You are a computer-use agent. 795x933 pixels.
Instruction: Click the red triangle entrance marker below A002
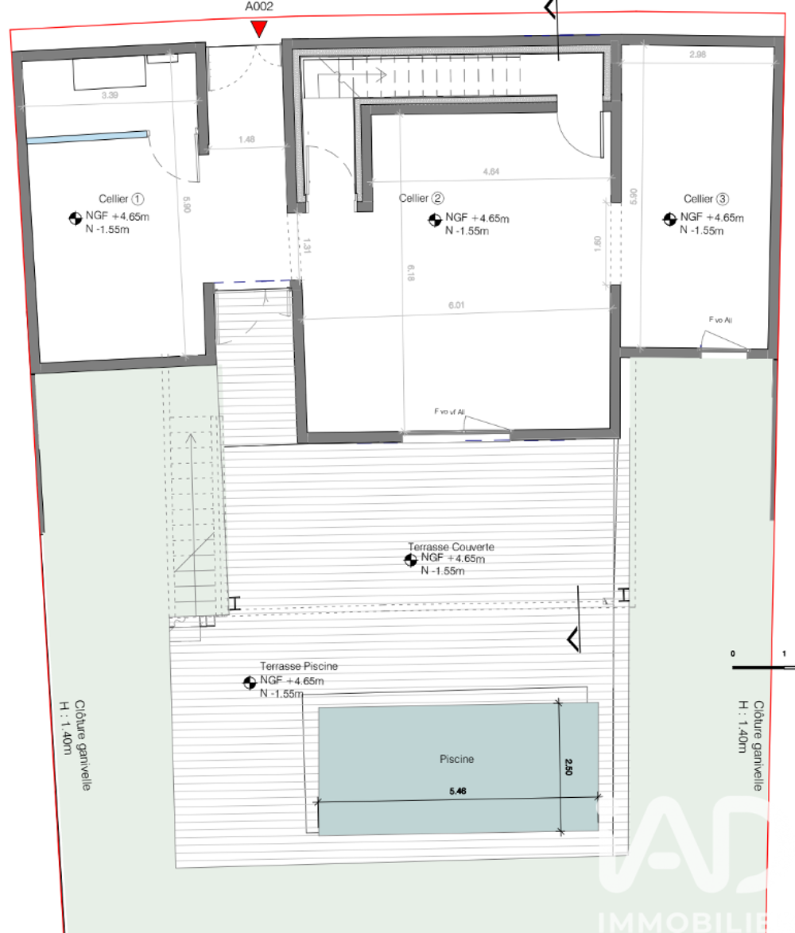[258, 29]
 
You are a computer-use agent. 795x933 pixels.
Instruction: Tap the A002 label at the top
[258, 6]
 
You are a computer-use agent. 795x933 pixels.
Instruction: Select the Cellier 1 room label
[122, 199]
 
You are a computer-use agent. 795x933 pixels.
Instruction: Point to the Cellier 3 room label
[705, 199]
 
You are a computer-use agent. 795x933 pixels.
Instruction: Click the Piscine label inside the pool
[456, 759]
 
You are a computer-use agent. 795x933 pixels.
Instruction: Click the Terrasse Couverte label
[451, 548]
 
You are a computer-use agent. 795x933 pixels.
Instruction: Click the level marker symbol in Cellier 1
[75, 217]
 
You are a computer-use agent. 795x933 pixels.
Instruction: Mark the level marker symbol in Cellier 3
[669, 218]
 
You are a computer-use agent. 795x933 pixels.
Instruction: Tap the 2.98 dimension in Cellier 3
[697, 55]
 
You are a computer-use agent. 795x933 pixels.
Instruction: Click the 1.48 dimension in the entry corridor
[246, 140]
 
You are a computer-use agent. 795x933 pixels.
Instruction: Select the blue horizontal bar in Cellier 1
[87, 136]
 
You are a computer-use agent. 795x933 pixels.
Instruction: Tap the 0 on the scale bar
[733, 653]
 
